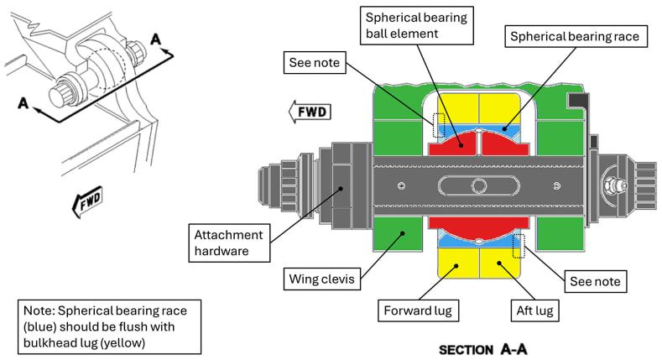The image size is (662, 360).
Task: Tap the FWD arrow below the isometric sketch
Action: click(86, 200)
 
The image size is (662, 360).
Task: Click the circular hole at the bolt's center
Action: click(479, 185)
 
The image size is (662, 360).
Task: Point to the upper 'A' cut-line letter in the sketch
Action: click(155, 39)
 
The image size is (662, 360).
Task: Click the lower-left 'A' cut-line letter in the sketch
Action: click(25, 104)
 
